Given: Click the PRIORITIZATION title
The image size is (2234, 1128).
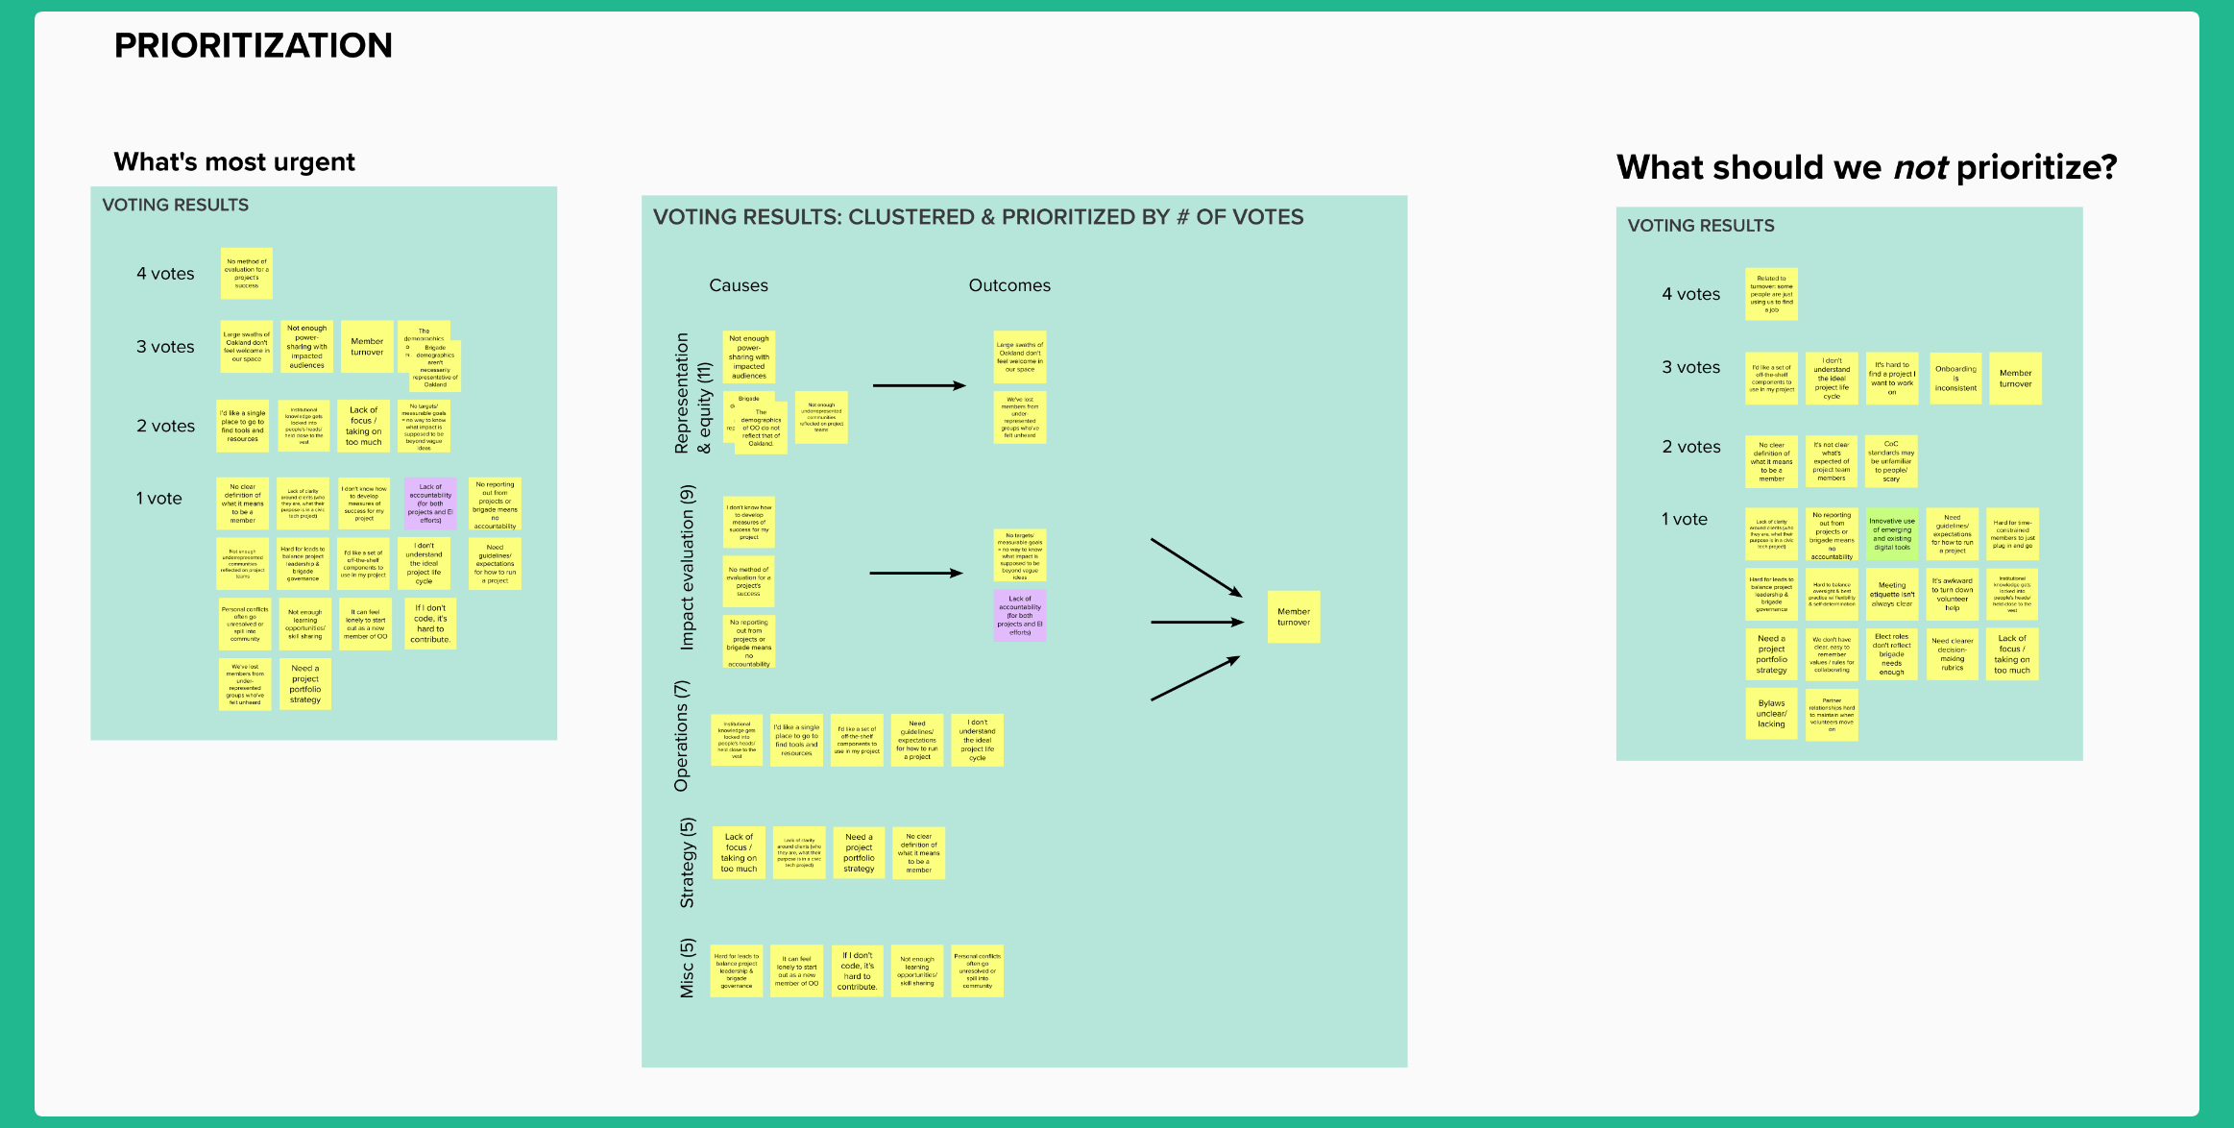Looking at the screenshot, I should tap(253, 45).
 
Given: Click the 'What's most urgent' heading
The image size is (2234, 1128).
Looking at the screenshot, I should tap(234, 161).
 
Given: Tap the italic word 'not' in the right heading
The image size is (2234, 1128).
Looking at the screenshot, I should tap(1920, 168).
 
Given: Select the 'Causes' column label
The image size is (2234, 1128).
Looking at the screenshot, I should tap(738, 285).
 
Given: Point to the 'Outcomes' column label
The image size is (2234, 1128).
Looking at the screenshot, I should tap(1008, 285).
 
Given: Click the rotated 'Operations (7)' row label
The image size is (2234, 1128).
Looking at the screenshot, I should tap(682, 736).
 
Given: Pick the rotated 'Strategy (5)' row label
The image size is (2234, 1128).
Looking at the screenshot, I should tap(687, 863).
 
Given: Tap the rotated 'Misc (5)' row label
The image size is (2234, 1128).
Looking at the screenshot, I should tap(687, 969).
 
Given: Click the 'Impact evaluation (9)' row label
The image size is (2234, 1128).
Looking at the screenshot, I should tap(687, 567).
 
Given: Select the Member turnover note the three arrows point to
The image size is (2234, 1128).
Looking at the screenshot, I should tap(1293, 617).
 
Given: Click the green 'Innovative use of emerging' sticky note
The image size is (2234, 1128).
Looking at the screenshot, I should tap(1891, 534).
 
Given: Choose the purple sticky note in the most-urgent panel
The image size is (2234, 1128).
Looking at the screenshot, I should tap(430, 503).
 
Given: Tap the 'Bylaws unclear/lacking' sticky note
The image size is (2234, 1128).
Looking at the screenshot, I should tap(1771, 714).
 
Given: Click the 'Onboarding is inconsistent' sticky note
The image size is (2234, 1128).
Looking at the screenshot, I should tap(1955, 379).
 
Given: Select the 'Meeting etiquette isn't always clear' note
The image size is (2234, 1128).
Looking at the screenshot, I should tap(1891, 595).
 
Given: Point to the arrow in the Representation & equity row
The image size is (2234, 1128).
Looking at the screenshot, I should tap(918, 386).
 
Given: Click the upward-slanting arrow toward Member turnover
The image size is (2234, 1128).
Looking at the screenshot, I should tap(1195, 678).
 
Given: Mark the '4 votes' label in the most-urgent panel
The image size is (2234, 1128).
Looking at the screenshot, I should tap(165, 274).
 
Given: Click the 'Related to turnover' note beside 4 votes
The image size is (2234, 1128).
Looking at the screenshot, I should tap(1771, 294).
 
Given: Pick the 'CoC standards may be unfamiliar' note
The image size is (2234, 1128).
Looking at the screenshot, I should tap(1891, 461).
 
